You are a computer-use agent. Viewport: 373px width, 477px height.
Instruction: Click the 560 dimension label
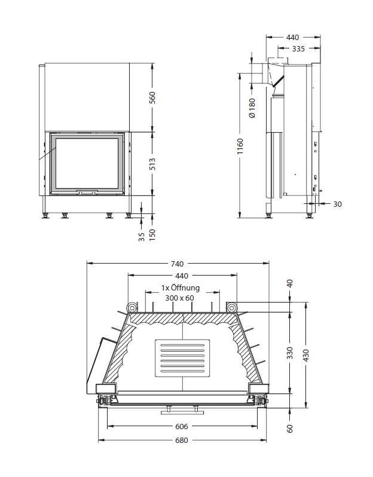[152, 97]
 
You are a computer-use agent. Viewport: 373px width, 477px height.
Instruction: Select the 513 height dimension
[152, 164]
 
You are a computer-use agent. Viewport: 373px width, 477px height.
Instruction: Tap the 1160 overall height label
[240, 146]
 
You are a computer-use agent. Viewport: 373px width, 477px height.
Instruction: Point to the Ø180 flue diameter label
[252, 108]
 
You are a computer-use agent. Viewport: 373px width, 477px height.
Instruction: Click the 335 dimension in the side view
[298, 48]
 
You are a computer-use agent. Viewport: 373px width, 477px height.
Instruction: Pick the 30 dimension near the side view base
[337, 204]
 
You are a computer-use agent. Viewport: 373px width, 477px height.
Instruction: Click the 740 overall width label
[177, 264]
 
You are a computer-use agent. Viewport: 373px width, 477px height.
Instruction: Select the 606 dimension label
[182, 427]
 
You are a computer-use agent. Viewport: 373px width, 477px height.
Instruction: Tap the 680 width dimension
[182, 440]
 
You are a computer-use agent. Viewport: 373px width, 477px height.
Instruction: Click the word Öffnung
[185, 288]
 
